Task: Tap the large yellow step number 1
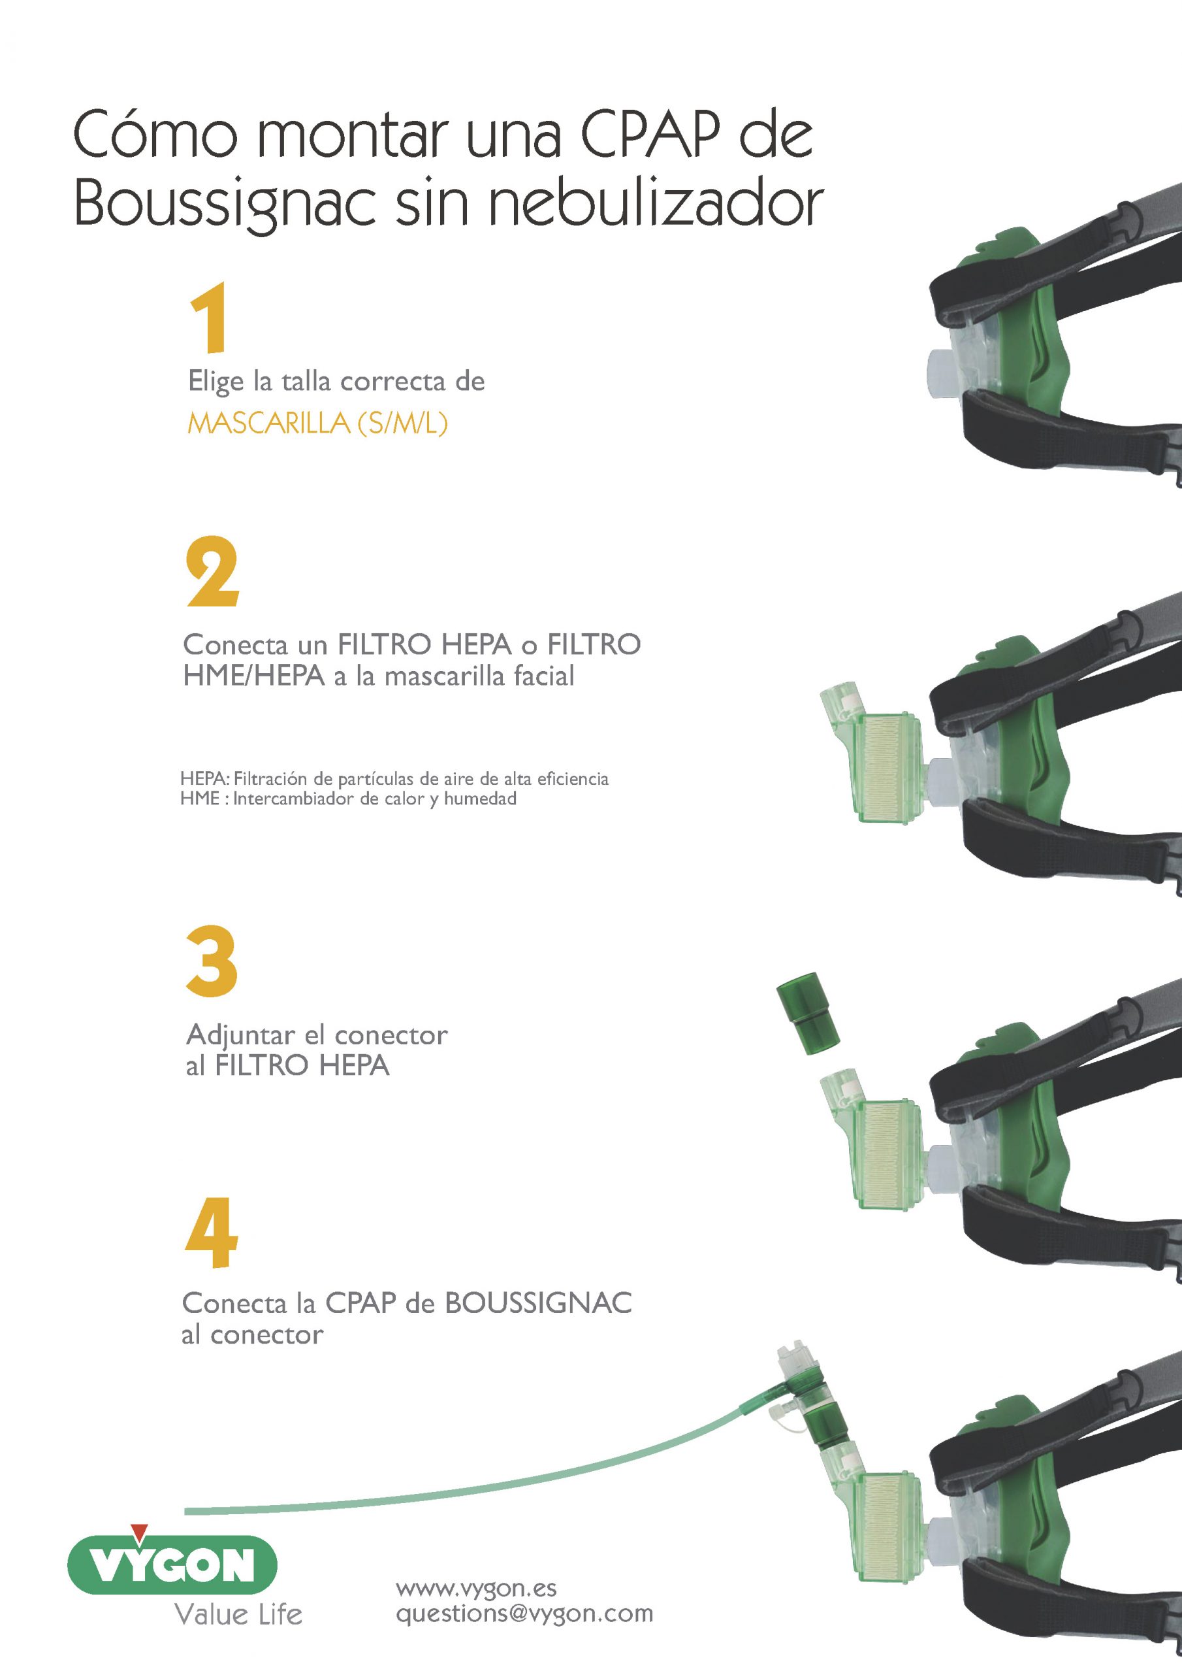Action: coord(210,318)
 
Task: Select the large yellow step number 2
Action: coord(212,572)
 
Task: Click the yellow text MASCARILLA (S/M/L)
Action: coord(317,423)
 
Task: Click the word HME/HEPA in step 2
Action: coord(253,676)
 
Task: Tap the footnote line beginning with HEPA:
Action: coord(394,778)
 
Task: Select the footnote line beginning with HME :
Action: coord(348,799)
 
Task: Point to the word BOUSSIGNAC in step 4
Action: coord(537,1303)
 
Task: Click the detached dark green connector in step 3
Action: coord(808,1013)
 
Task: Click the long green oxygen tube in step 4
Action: coord(510,1487)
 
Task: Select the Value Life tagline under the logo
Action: coord(238,1615)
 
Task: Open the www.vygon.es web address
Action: coord(476,1588)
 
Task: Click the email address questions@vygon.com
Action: coord(524,1614)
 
